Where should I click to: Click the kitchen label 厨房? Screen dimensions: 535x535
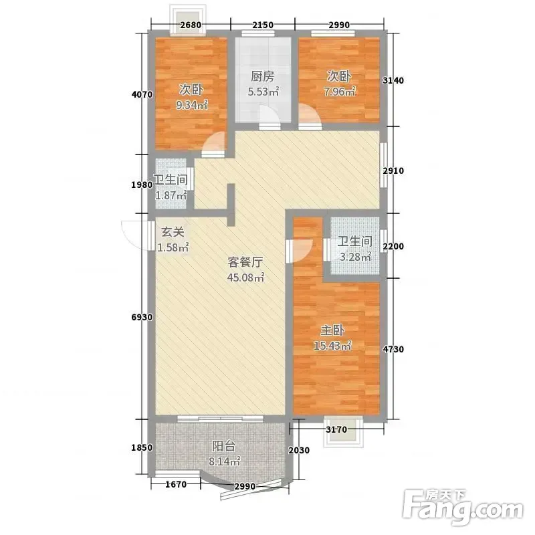point(262,76)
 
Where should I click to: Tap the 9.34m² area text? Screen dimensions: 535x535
point(192,105)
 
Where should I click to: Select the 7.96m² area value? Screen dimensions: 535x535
point(340,92)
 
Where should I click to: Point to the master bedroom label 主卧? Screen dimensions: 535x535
point(332,330)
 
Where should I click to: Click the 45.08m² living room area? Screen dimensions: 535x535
point(245,278)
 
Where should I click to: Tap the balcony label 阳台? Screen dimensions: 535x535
point(224,446)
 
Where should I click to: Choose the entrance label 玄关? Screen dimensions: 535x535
point(173,232)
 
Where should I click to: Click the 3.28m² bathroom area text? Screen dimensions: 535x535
point(355,257)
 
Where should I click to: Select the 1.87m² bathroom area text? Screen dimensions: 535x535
point(171,195)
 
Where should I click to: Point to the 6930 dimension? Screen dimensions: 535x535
point(142,317)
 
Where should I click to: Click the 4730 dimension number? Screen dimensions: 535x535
point(393,349)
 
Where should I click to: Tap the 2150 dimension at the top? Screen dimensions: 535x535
point(263,25)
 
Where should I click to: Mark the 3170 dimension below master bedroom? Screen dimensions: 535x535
point(336,429)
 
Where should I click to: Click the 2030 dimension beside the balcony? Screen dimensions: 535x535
point(299,450)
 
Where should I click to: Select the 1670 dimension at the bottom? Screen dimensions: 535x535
point(176,484)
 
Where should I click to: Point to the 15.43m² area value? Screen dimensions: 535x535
point(332,346)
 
